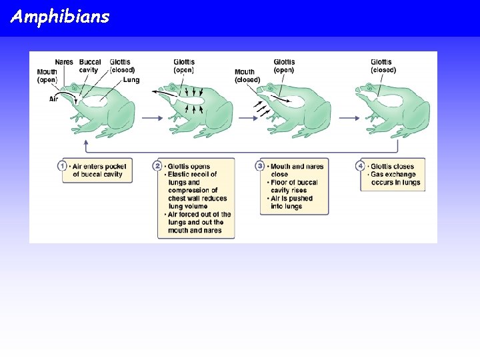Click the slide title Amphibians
59,17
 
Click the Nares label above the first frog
64,62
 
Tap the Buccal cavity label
90,66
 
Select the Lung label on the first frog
131,80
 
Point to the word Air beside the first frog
54,99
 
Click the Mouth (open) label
47,75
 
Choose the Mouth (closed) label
247,75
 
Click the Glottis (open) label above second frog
185,66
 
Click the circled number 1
63,166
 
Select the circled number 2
158,166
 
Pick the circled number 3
261,166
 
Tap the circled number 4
361,166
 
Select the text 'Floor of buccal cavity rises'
294,186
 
